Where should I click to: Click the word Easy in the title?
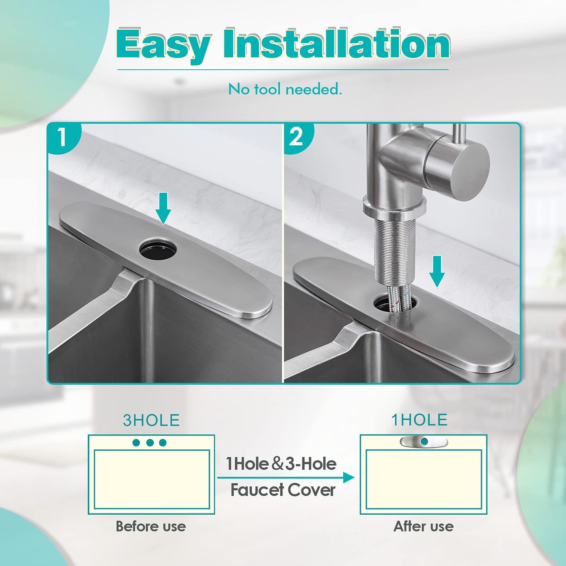(163, 44)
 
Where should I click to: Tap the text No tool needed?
(285, 89)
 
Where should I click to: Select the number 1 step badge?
(62, 137)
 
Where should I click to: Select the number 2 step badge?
(297, 137)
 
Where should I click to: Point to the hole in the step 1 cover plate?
(158, 248)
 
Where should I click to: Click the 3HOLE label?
(151, 420)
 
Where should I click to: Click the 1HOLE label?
(420, 420)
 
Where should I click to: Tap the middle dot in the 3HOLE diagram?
(150, 443)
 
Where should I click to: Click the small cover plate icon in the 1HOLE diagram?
(423, 442)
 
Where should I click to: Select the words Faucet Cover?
(283, 490)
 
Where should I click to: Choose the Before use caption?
(151, 526)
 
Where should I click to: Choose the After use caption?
(423, 526)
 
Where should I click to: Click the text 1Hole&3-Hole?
(281, 464)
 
